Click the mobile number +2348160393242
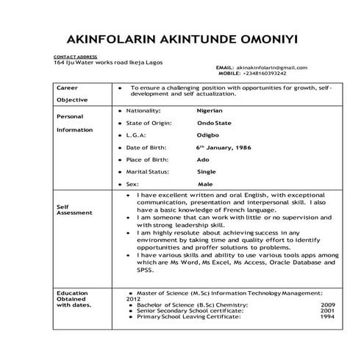tap(263, 74)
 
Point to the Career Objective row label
tap(72, 93)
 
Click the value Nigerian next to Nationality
tap(210, 110)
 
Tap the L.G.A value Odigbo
tap(207, 135)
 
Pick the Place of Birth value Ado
tap(202, 160)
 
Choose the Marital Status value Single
tap(207, 171)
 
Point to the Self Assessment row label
tap(74, 210)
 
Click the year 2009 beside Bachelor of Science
tap(328, 304)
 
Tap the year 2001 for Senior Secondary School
tap(328, 311)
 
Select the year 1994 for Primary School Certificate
tap(328, 317)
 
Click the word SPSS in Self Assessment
tap(145, 270)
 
